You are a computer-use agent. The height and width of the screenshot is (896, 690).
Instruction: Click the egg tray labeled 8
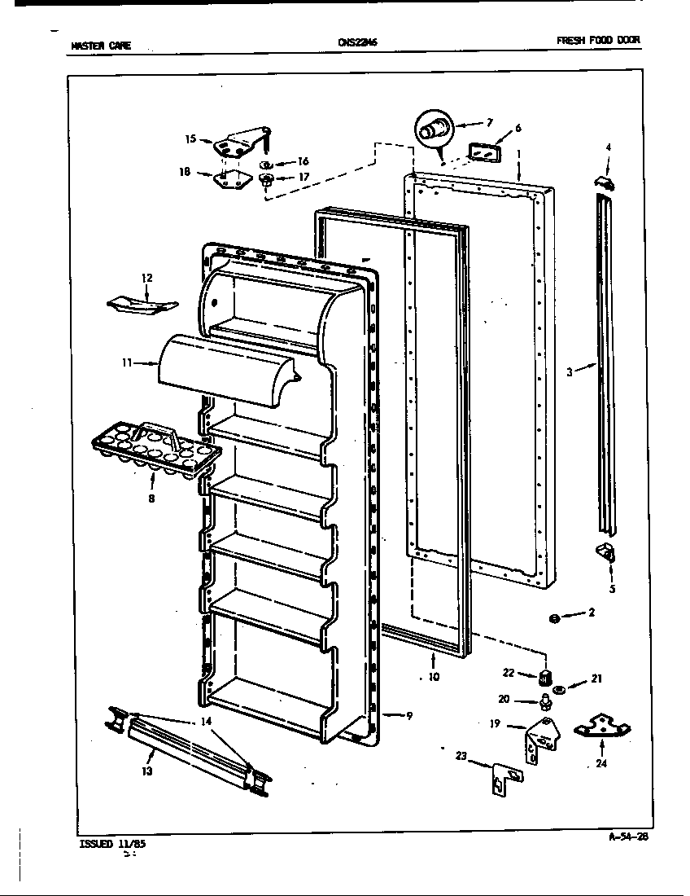[x=155, y=449]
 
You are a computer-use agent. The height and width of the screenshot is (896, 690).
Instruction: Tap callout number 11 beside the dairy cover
[x=127, y=364]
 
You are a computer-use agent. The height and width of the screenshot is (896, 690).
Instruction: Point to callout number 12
[x=146, y=278]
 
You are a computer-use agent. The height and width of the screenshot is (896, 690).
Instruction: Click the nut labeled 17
[x=266, y=178]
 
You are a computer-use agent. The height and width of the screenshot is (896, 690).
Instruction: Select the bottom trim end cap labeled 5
[x=607, y=554]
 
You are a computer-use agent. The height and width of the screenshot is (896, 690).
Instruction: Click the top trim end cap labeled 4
[x=603, y=183]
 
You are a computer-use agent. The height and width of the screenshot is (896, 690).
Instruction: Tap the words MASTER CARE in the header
[x=101, y=46]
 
